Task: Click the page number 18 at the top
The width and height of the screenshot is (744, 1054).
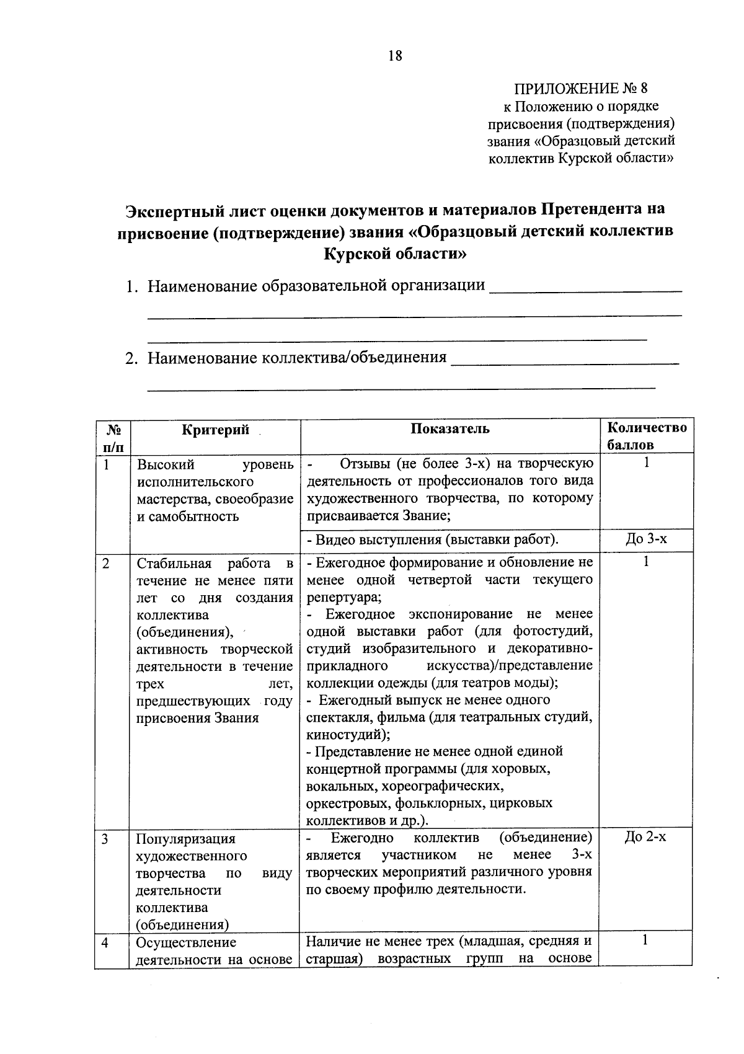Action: click(x=395, y=56)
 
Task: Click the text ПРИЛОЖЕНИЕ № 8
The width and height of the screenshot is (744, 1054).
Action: click(x=581, y=88)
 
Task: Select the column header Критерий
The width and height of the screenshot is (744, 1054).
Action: click(x=215, y=429)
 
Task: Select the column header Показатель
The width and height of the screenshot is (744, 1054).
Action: click(x=449, y=429)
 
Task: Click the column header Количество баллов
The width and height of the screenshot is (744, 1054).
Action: click(x=647, y=436)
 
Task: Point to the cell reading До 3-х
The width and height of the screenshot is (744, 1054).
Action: click(x=647, y=539)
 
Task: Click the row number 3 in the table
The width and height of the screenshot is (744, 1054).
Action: click(x=105, y=839)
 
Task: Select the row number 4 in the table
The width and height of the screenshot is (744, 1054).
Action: click(x=105, y=943)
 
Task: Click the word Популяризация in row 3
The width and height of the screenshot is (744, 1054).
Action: click(x=186, y=839)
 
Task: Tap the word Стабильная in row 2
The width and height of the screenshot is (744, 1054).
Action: click(x=173, y=564)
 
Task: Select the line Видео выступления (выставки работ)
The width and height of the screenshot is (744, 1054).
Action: click(x=433, y=539)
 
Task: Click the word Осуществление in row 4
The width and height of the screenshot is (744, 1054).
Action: click(x=186, y=943)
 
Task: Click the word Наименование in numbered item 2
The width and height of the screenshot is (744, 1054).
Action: click(x=202, y=358)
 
